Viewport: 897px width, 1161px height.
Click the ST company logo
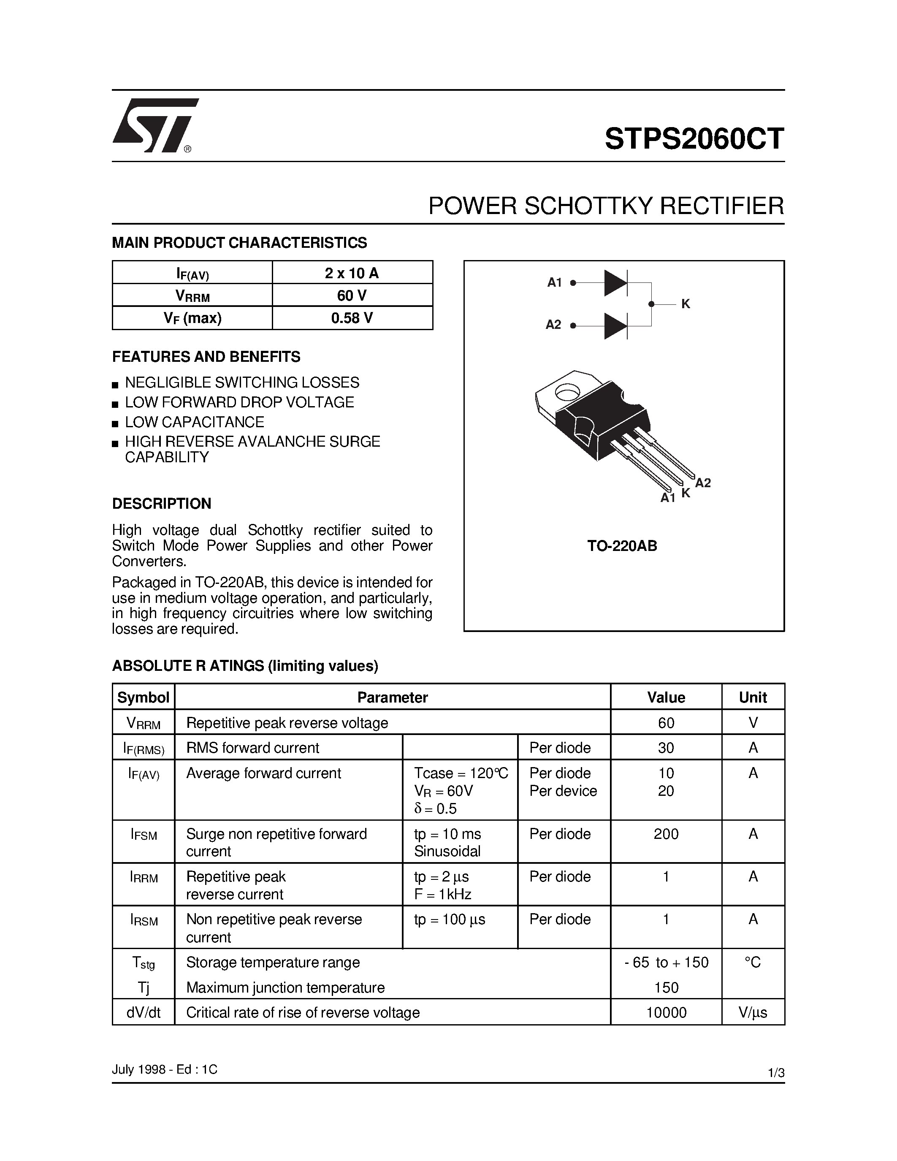click(x=154, y=125)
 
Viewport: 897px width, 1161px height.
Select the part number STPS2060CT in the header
click(x=694, y=139)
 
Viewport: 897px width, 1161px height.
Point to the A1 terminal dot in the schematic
click(x=573, y=283)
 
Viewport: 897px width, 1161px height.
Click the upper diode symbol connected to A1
click(x=616, y=283)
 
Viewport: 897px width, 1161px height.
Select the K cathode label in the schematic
click(x=686, y=304)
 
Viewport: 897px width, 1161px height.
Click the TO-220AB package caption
click(x=622, y=546)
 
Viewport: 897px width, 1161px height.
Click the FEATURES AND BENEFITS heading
click(x=206, y=357)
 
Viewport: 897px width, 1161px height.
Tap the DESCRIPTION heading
click(x=162, y=503)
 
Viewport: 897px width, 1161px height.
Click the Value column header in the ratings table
click(x=666, y=697)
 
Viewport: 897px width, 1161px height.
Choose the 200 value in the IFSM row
click(x=666, y=834)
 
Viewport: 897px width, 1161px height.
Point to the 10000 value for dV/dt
click(x=666, y=1013)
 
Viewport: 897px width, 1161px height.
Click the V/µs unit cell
click(x=753, y=1013)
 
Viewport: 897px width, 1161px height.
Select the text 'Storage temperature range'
click(x=273, y=962)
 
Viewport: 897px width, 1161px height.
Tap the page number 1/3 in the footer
click(x=776, y=1073)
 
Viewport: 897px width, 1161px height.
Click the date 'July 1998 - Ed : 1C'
click(x=165, y=1069)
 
